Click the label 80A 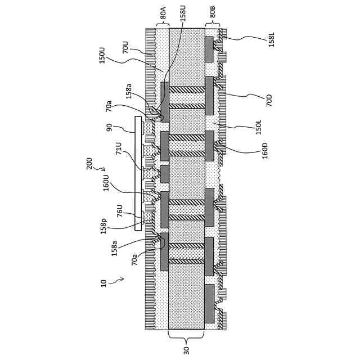[x=163, y=12]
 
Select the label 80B [x=213, y=12]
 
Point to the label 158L [x=272, y=39]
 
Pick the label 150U [x=102, y=55]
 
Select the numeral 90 [x=109, y=128]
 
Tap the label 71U [x=119, y=148]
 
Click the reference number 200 [x=89, y=163]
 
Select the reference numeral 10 [x=103, y=283]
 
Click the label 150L [x=259, y=127]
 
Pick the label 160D [x=265, y=151]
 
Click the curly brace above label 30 [x=186, y=336]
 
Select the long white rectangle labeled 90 [x=138, y=173]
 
